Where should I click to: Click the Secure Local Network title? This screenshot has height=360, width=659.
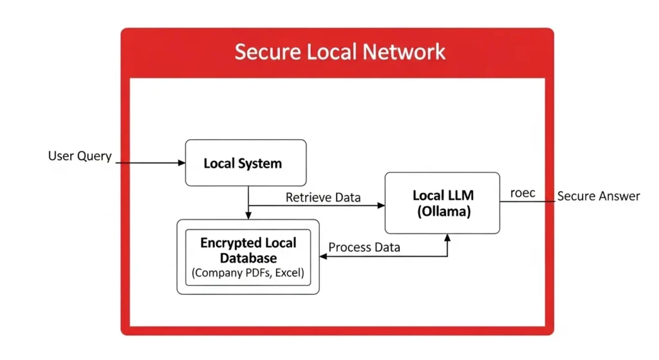pyautogui.click(x=339, y=52)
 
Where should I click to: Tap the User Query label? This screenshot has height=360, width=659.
pyautogui.click(x=80, y=156)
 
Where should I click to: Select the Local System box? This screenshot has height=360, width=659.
pyautogui.click(x=245, y=163)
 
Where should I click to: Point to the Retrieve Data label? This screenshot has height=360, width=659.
pyautogui.click(x=323, y=197)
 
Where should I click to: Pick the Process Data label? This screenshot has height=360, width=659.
pyautogui.click(x=364, y=247)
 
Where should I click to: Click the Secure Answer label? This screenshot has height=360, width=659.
pyautogui.click(x=599, y=196)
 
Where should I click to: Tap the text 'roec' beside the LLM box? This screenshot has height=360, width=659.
pyautogui.click(x=523, y=193)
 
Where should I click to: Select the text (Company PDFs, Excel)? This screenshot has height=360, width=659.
pyautogui.click(x=248, y=273)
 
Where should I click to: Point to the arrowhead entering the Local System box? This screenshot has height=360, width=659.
pyautogui.click(x=181, y=163)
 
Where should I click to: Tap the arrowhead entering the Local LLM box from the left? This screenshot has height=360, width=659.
pyautogui.click(x=381, y=206)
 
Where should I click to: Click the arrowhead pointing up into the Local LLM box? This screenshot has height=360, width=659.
pyautogui.click(x=448, y=238)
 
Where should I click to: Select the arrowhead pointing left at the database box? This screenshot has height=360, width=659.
pyautogui.click(x=324, y=256)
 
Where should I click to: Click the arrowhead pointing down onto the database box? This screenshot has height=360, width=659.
pyautogui.click(x=248, y=215)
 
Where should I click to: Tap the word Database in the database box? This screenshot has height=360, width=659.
pyautogui.click(x=248, y=258)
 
